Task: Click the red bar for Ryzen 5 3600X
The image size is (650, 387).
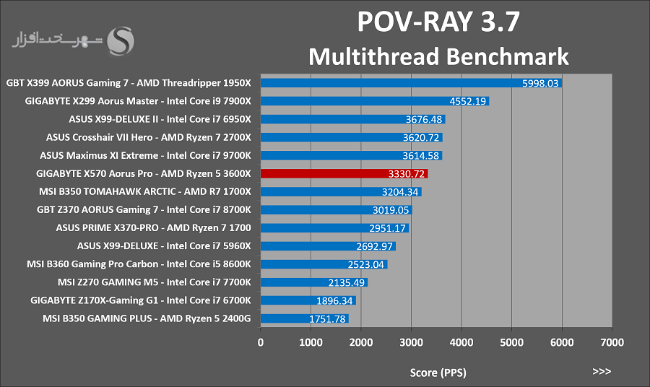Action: [344, 173]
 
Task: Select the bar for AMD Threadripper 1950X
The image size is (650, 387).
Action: [411, 83]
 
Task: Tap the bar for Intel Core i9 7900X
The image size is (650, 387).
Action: [375, 101]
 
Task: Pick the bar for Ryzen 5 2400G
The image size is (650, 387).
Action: [304, 318]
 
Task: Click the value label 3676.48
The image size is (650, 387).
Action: [424, 119]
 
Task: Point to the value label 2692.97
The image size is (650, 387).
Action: [374, 246]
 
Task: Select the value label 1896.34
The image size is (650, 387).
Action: [334, 301]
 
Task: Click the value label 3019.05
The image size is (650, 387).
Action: [391, 210]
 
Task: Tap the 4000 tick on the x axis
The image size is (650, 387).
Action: [461, 342]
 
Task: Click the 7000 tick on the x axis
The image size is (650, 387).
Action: [612, 342]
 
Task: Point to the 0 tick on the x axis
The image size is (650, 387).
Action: [260, 342]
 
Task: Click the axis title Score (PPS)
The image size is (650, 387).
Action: [438, 373]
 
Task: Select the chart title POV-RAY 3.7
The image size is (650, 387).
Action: [438, 22]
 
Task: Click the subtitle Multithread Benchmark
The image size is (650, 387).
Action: [438, 56]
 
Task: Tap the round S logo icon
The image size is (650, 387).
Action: [121, 40]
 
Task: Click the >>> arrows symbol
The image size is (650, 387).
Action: [602, 371]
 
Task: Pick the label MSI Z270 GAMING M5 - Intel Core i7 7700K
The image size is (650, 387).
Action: [155, 282]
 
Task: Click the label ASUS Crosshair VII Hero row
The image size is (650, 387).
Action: [148, 137]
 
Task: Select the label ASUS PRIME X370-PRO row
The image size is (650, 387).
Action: [153, 228]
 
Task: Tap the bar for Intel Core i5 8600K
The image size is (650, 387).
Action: [324, 264]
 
